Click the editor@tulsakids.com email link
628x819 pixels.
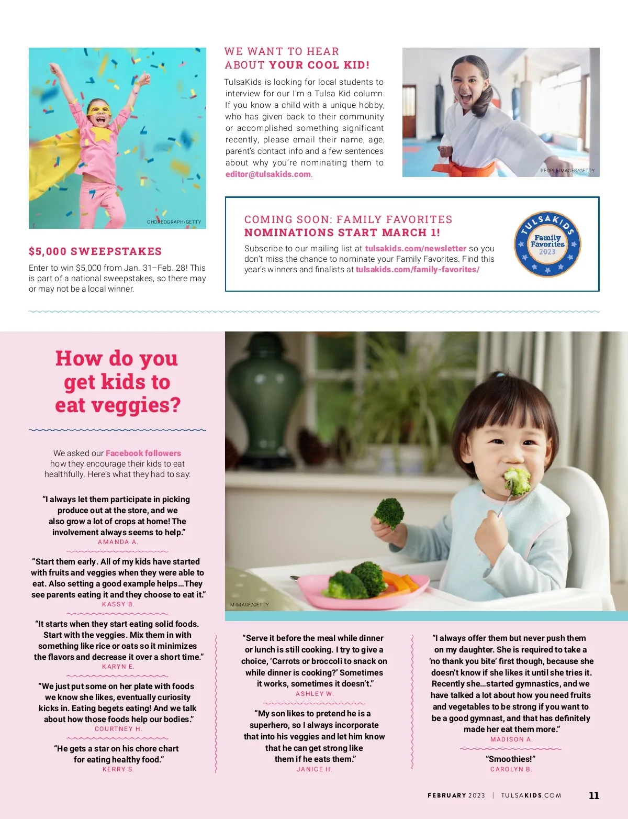coord(268,174)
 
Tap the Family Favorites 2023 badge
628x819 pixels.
coord(547,244)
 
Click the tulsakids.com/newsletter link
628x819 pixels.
coord(416,249)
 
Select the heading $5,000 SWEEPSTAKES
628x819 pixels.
coord(95,251)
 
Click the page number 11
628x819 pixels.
coord(594,795)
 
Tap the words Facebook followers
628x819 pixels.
coord(143,453)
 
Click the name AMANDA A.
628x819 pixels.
coord(118,542)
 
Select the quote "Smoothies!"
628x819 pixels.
coord(511,759)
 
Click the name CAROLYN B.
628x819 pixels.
coord(511,769)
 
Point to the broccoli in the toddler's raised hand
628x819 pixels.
coord(389,513)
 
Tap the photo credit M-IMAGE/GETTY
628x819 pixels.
coord(250,605)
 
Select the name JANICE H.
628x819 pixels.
coord(315,769)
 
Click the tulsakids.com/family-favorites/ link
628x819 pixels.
coord(418,270)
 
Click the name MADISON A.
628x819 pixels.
coord(511,739)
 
